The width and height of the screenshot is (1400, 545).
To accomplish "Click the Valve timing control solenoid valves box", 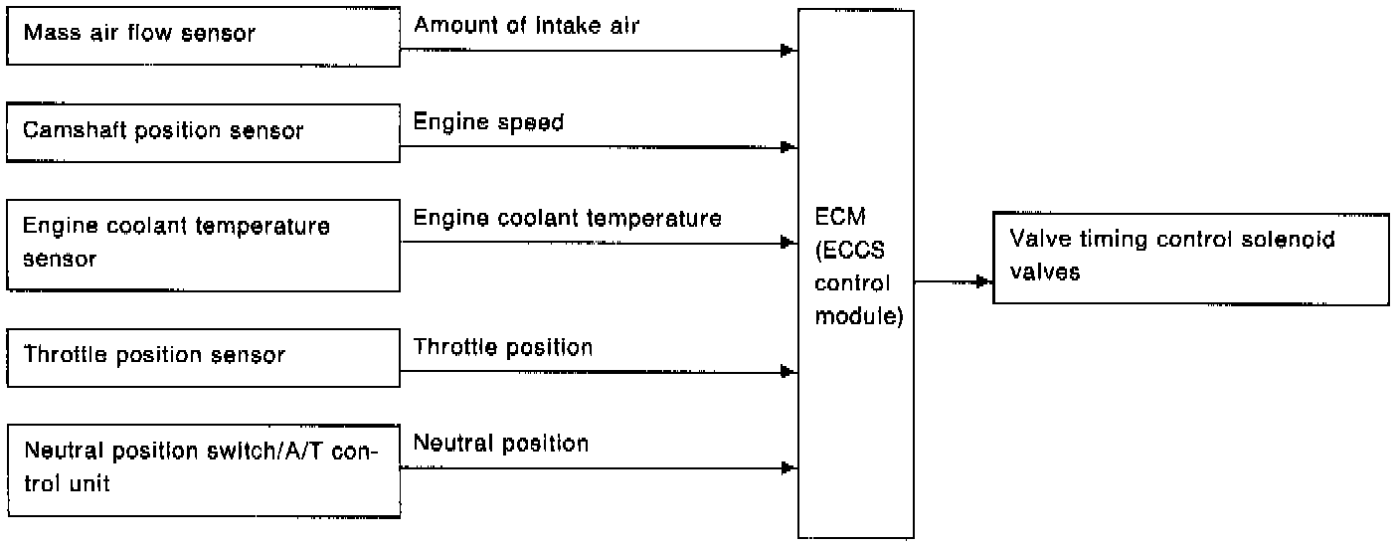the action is click(1190, 257).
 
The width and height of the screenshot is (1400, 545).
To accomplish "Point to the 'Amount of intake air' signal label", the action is click(526, 26).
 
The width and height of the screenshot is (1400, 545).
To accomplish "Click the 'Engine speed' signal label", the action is click(488, 123).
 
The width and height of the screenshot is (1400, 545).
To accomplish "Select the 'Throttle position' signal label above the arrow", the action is click(502, 347).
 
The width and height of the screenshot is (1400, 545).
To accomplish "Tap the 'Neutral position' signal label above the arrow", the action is click(500, 443).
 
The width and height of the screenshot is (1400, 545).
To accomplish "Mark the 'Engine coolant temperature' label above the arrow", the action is click(567, 218).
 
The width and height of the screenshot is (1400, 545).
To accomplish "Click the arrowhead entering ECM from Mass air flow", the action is click(787, 50).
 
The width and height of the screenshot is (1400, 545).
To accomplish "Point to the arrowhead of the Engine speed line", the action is click(787, 147).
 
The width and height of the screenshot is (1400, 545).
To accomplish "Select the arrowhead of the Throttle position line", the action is click(787, 372).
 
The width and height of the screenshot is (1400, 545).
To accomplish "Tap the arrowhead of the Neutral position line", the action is click(787, 467).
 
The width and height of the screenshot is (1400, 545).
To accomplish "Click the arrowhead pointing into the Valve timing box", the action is click(983, 281).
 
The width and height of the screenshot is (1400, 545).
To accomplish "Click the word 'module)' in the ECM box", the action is click(857, 319).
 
